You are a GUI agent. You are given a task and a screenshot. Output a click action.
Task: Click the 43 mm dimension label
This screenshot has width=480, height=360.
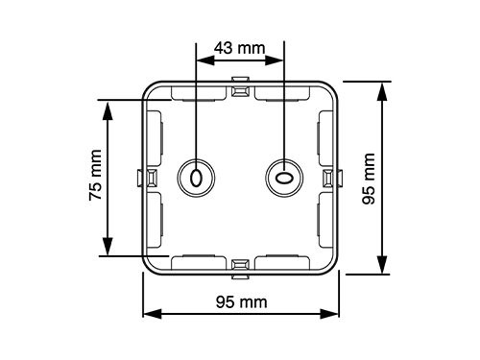click(x=240, y=48)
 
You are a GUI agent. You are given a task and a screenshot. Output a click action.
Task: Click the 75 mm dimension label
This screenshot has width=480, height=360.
click(x=96, y=175)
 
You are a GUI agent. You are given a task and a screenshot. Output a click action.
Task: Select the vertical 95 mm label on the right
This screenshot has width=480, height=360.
click(x=369, y=179)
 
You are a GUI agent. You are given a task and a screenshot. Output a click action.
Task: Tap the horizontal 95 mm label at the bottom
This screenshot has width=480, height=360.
click(x=241, y=302)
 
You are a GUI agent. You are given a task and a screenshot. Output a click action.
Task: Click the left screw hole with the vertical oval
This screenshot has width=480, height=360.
click(x=196, y=178)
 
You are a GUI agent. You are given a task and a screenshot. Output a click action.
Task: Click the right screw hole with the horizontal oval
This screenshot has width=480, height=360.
click(x=284, y=178)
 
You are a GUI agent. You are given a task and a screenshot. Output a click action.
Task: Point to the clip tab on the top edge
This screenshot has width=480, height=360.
click(x=240, y=86)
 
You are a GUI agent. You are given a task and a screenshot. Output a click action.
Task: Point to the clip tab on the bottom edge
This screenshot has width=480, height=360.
click(x=240, y=269)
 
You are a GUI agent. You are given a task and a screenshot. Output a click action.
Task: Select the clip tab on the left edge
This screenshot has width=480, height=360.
click(x=147, y=178)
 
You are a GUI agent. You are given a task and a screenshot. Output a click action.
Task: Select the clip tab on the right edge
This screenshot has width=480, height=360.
click(x=333, y=178)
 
